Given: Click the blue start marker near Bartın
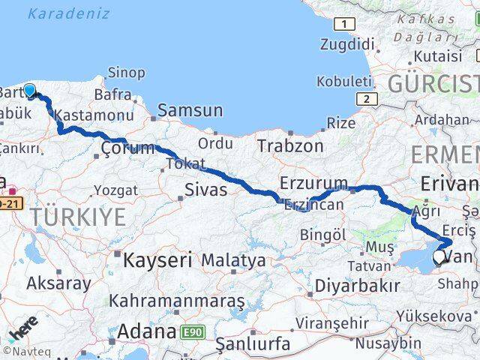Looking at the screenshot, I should [29, 91].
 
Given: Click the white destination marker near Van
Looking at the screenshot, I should [439, 257].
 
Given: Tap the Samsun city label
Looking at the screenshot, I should [190, 111].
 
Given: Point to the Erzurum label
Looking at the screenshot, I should [313, 183].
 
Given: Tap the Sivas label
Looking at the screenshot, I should [206, 190].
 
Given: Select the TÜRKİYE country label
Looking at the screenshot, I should [79, 217].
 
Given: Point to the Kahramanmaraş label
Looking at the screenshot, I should [177, 301].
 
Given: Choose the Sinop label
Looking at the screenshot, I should [127, 73].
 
